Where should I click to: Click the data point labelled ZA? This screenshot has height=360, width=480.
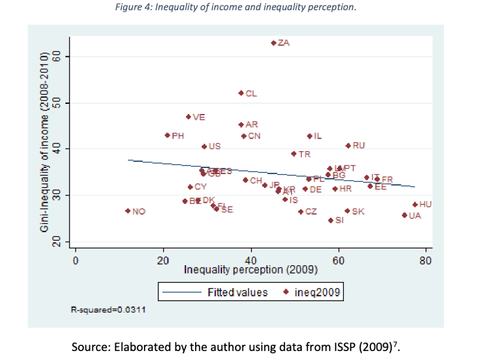(274, 43)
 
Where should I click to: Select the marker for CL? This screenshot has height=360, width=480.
(241, 93)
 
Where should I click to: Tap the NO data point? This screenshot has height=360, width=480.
(128, 211)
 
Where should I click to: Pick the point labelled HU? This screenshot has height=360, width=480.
(415, 205)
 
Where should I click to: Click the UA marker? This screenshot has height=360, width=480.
(404, 215)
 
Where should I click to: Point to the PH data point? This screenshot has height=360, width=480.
(167, 136)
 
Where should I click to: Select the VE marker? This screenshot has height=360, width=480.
(188, 117)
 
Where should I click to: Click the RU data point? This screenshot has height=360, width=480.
(348, 146)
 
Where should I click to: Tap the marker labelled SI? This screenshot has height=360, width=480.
(331, 220)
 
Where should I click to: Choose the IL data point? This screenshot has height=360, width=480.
(310, 136)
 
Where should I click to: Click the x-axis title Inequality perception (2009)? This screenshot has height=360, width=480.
(250, 270)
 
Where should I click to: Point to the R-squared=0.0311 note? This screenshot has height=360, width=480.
(106, 310)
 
